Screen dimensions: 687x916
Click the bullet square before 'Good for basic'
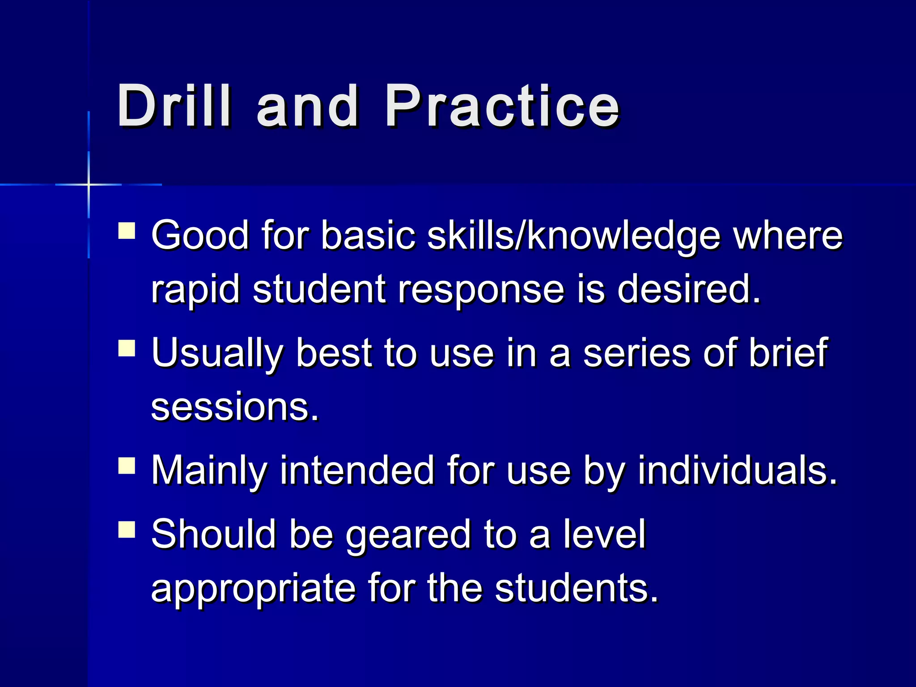[127, 232]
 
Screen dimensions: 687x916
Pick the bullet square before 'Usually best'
[127, 348]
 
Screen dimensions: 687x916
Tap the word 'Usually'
[217, 353]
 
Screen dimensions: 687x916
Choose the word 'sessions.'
[235, 407]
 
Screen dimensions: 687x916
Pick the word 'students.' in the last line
[577, 588]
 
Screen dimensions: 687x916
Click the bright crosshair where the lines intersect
[89, 184]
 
